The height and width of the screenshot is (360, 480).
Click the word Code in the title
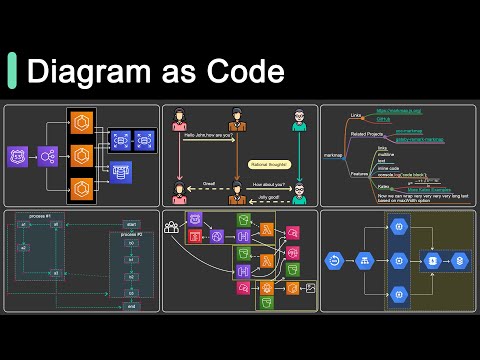(x=244, y=72)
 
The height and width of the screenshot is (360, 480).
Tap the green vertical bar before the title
(x=12, y=72)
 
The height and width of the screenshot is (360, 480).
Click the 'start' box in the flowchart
(x=130, y=224)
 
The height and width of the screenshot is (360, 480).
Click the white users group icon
(x=172, y=227)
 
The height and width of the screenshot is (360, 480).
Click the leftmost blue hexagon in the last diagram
(x=335, y=262)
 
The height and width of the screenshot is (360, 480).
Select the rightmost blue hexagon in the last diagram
(x=461, y=262)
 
